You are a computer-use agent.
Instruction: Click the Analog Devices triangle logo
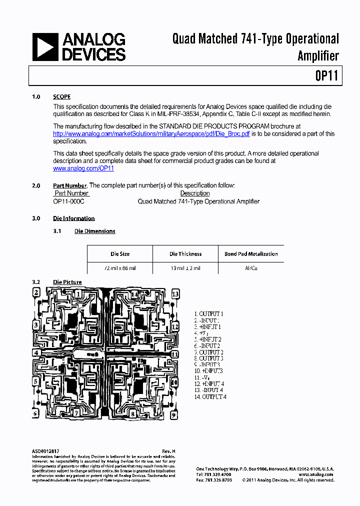coord(45,47)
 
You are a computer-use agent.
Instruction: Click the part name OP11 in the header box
coord(327,76)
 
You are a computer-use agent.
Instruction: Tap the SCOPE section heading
coord(61,97)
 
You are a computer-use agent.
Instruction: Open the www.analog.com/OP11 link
coord(83,168)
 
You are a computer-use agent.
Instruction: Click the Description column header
coord(195,193)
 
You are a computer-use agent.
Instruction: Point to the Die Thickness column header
coord(185,254)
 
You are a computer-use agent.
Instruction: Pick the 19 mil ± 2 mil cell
coord(185,268)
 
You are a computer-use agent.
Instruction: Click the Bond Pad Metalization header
coord(250,254)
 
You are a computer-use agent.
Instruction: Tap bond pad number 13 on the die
coord(175,294)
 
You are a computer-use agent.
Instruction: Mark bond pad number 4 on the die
coord(36,352)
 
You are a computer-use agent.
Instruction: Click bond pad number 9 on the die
coord(173,414)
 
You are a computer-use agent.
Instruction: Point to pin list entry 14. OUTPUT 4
coord(210,396)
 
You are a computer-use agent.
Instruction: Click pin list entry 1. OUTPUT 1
coord(208,314)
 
